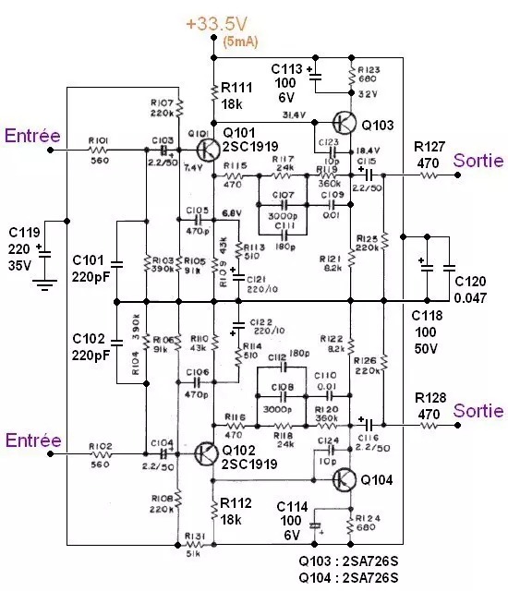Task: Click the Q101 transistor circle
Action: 210,148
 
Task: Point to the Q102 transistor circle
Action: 210,453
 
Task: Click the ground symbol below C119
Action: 42,284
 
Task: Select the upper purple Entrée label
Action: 32,136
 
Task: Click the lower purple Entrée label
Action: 32,441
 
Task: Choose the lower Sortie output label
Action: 478,410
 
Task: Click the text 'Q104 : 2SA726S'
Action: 348,577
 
